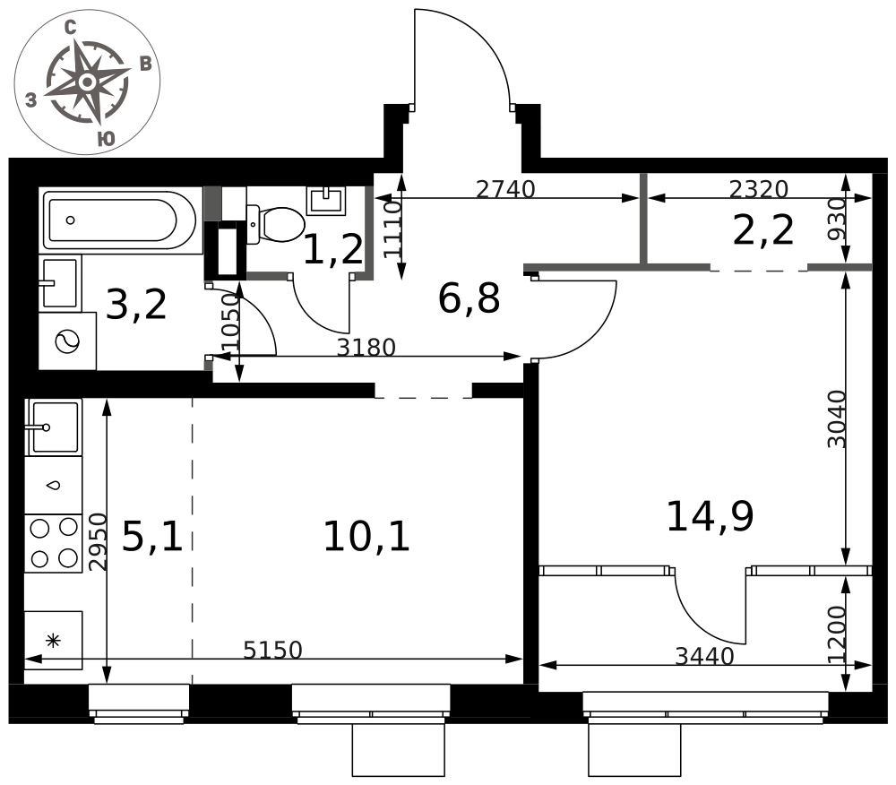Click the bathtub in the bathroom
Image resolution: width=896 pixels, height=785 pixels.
tap(120, 220)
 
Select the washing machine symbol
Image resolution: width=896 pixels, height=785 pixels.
tap(67, 341)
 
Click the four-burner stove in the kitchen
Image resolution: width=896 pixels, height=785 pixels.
tap(53, 543)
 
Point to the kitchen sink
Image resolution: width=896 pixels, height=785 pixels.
tap(54, 427)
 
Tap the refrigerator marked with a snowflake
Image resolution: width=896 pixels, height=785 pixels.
tap(53, 641)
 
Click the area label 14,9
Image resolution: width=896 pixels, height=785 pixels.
tap(711, 516)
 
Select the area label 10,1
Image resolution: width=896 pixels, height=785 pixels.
tap(366, 537)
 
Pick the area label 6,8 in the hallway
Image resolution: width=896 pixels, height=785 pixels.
tap(470, 298)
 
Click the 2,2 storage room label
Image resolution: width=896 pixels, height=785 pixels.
tap(762, 231)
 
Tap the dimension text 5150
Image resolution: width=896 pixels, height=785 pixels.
tap(272, 650)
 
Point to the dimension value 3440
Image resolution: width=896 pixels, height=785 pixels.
tap(704, 657)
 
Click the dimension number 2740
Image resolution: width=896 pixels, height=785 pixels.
tap(505, 189)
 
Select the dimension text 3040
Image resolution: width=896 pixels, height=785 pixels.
tap(837, 418)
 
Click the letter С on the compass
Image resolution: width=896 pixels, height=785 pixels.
tap(70, 28)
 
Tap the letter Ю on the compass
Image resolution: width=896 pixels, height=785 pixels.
tap(106, 139)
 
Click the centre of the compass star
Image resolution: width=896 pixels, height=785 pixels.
tap(87, 82)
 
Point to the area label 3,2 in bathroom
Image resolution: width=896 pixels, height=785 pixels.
tap(136, 305)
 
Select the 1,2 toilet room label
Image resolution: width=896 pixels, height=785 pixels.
tap(333, 250)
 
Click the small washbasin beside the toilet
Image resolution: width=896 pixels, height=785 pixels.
tap(326, 201)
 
